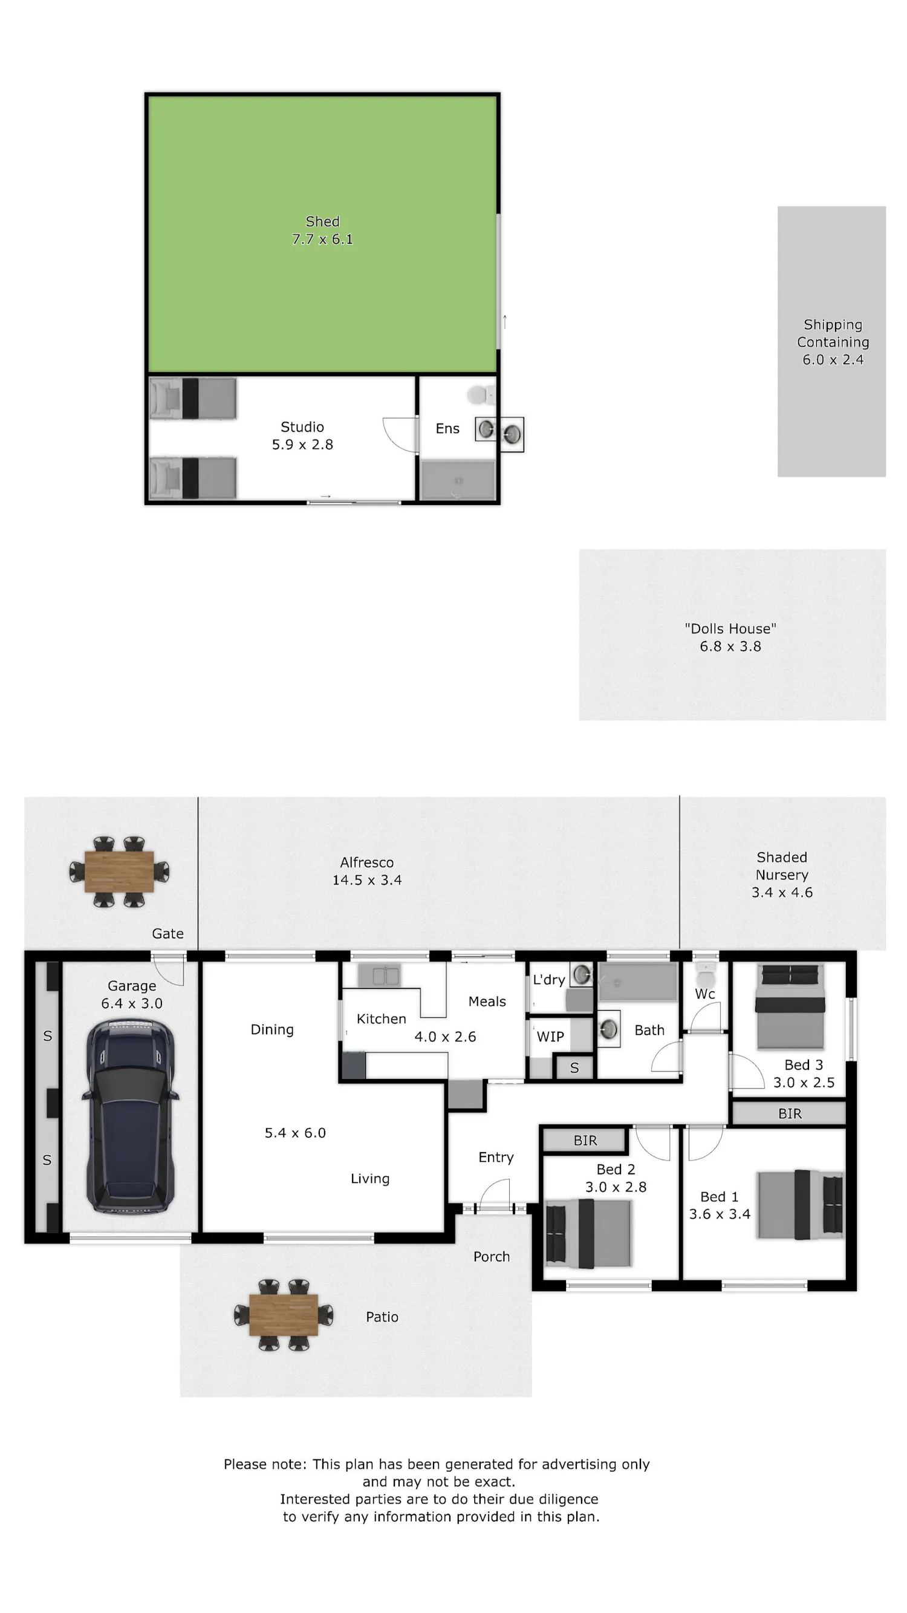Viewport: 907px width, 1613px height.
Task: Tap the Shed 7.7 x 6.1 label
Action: pos(322,230)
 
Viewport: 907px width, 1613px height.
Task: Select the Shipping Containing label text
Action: pos(833,333)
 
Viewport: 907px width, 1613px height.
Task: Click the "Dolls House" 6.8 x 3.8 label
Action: pos(730,637)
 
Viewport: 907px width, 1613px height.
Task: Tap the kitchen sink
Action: pos(379,975)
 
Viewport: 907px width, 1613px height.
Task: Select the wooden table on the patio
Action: pos(284,1314)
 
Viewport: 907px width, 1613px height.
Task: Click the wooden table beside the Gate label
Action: pos(119,871)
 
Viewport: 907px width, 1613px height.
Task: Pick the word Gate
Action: pos(167,934)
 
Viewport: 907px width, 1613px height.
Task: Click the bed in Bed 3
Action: pos(790,1006)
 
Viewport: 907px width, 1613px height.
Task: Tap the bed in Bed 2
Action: pos(588,1233)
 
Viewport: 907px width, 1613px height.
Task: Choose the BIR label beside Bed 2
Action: pos(585,1140)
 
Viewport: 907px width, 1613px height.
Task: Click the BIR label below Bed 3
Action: pos(790,1113)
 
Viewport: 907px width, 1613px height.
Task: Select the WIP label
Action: pos(550,1036)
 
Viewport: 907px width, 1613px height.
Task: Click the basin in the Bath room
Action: pos(608,1029)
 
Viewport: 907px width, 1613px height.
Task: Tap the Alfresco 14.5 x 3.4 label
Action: pos(367,871)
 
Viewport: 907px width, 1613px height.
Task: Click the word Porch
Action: pos(492,1257)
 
